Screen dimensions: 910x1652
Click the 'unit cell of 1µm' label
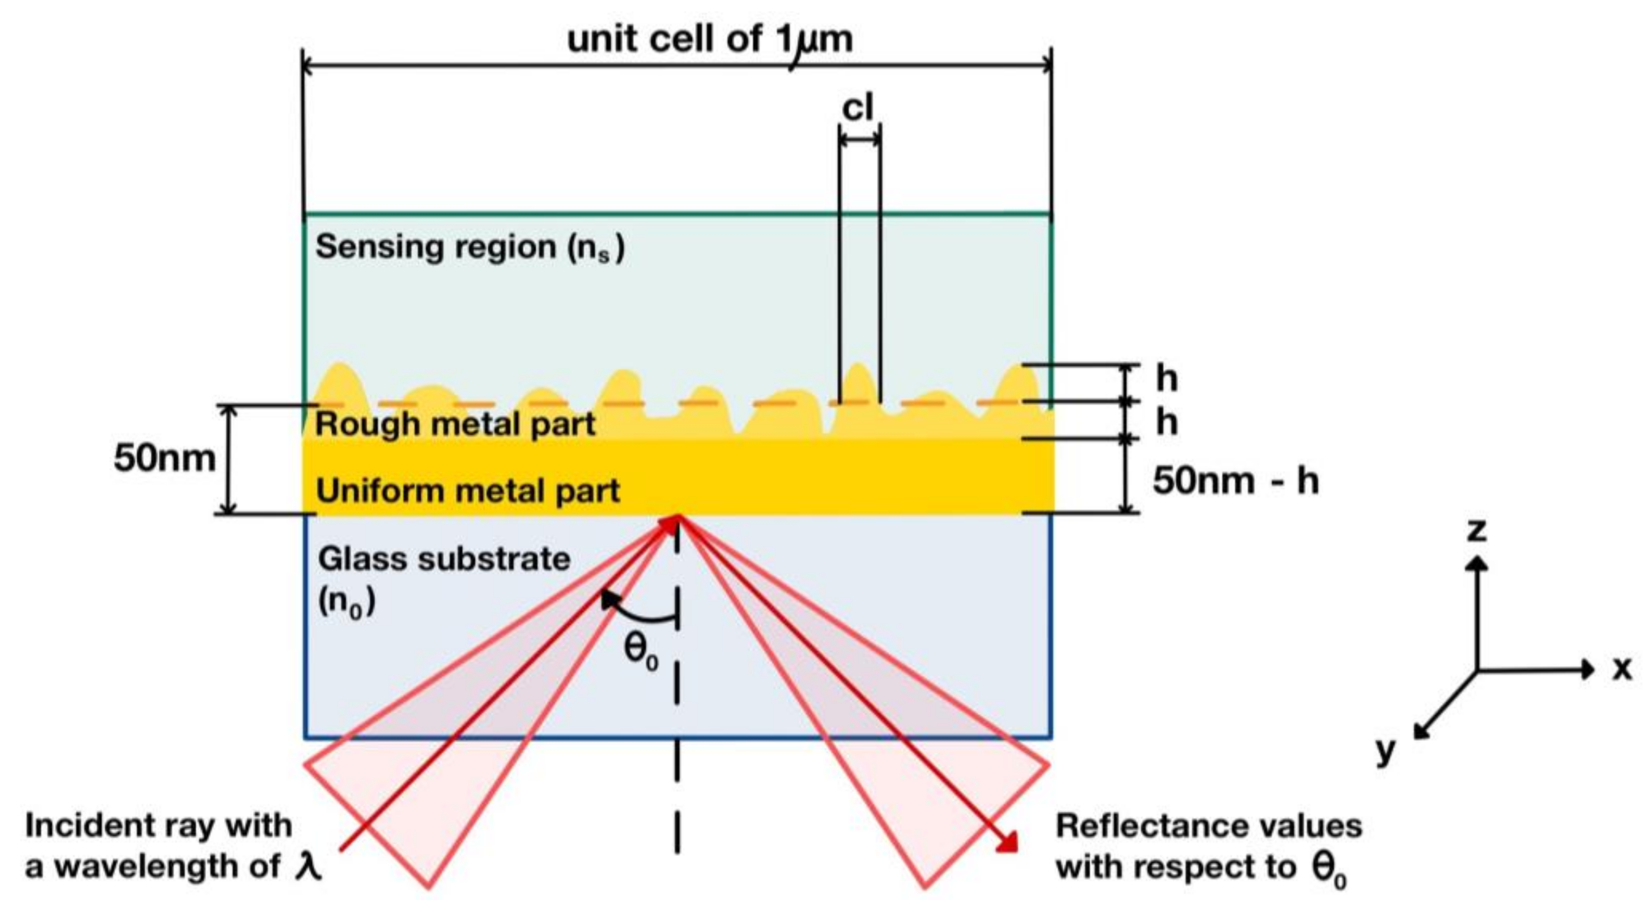(x=710, y=40)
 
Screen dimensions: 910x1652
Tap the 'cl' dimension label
(x=858, y=107)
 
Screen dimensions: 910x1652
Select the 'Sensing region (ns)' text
(x=469, y=247)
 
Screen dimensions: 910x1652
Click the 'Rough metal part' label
(x=455, y=424)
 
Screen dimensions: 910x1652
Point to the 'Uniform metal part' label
(x=468, y=491)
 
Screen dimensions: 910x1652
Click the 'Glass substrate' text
(x=444, y=559)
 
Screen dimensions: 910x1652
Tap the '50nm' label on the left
(x=164, y=459)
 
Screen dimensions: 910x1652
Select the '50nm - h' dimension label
(x=1235, y=481)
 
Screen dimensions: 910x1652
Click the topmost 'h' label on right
(x=1167, y=378)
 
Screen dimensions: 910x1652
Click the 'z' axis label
(x=1477, y=531)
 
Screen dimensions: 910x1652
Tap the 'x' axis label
(x=1622, y=669)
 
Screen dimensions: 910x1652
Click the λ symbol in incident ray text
(x=308, y=867)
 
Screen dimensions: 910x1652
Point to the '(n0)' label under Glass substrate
(x=346, y=603)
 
